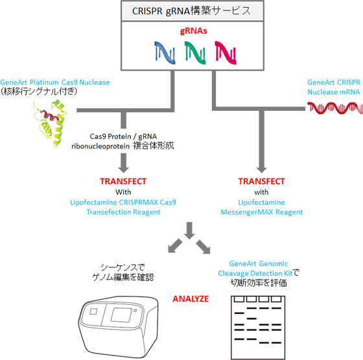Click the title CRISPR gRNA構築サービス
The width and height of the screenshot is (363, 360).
tap(191, 11)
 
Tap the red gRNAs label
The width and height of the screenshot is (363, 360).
tap(194, 31)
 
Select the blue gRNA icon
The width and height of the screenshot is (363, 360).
tap(165, 53)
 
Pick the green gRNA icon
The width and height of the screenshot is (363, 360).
tap(195, 53)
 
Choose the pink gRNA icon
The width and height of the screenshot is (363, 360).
tap(226, 53)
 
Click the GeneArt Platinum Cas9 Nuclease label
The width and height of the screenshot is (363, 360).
tap(55, 82)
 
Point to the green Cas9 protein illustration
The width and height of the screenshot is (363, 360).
tap(51, 123)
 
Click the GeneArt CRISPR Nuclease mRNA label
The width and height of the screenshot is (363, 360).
tap(334, 87)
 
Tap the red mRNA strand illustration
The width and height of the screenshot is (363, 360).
tap(335, 108)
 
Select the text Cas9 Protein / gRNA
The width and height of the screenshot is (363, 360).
tap(123, 136)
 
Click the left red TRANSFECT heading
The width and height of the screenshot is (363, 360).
tap(123, 181)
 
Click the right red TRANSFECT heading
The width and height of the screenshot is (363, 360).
tap(262, 181)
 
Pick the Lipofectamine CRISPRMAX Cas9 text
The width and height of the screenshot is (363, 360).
tap(123, 202)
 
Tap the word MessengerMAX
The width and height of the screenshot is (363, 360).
tap(247, 212)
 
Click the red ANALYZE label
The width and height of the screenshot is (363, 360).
tap(191, 299)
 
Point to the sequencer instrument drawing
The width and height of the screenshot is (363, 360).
tap(119, 327)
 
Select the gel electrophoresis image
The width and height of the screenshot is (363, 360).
tap(258, 328)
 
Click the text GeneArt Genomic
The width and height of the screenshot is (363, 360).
tap(259, 263)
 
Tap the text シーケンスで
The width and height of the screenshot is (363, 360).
tap(123, 267)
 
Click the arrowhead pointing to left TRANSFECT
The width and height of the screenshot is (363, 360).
tap(124, 169)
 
